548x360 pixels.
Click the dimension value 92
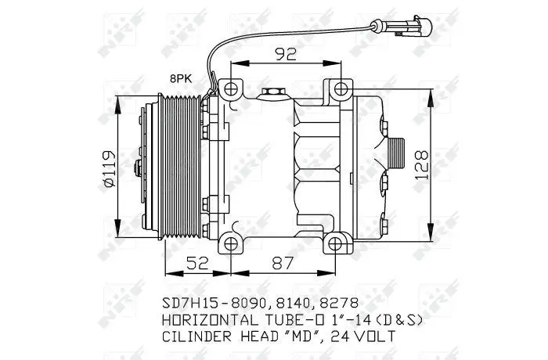pos(286,54)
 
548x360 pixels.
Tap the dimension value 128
pos(422,165)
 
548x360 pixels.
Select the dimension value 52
pos(197,263)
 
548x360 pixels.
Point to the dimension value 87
pos(282,263)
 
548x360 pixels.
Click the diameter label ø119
pos(108,169)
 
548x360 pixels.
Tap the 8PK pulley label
pos(181,78)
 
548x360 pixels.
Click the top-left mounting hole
pos(231,89)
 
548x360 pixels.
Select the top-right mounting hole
pos(341,88)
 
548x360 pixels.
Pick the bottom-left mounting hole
pos(231,243)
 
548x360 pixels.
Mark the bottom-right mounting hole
pos(335,243)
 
